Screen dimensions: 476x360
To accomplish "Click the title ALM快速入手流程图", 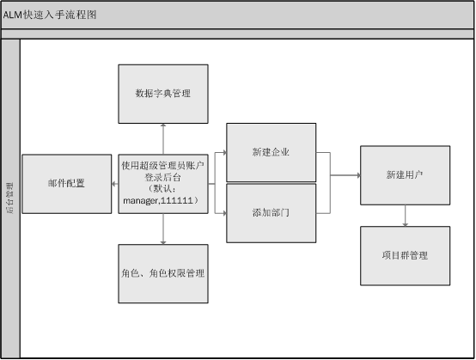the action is (x=50, y=15).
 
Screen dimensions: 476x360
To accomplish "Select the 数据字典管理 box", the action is (x=163, y=94).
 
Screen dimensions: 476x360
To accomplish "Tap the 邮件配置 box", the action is (x=67, y=184).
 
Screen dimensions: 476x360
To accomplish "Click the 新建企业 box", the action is (x=272, y=152).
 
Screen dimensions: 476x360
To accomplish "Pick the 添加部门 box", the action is (x=272, y=213).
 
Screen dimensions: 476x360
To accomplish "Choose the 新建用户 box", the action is (x=406, y=175).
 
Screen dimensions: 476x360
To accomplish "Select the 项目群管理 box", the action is (x=406, y=256).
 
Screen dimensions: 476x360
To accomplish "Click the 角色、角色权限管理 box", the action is (x=163, y=274).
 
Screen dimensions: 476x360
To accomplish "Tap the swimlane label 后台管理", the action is (x=10, y=198).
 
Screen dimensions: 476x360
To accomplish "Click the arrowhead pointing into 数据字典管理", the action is (x=163, y=125).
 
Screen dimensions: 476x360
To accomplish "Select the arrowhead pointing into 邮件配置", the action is (x=114, y=184).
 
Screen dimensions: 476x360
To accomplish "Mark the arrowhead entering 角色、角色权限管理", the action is (x=163, y=242).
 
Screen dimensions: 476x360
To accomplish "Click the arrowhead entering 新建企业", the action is (x=224, y=152).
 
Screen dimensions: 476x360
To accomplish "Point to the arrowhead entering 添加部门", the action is (x=224, y=213).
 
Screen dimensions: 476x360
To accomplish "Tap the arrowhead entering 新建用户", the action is (x=358, y=175).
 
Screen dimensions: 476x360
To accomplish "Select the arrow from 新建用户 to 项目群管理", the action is (x=406, y=216).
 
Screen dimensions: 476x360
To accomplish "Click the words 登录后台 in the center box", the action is (x=162, y=177).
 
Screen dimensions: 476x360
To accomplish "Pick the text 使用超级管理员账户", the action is (x=162, y=166).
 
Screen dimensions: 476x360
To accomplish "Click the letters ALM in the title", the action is (x=13, y=15).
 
